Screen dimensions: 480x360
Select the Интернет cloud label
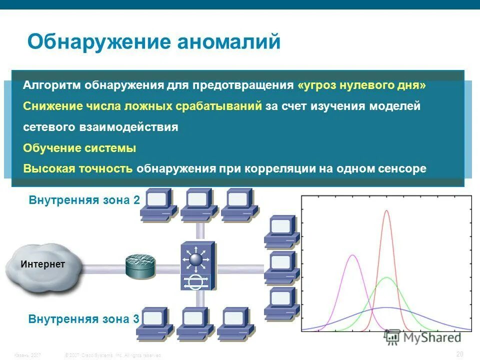(x=43, y=264)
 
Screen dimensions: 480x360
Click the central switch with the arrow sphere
(x=197, y=265)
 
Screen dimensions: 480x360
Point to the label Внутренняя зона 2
(x=84, y=200)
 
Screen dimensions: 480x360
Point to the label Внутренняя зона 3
(x=83, y=319)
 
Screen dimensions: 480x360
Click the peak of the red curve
(x=386, y=211)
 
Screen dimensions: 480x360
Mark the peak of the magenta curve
(x=353, y=255)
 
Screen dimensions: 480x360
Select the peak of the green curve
(x=386, y=277)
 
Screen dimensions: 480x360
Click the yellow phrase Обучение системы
(x=79, y=148)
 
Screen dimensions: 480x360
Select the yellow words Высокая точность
(x=78, y=168)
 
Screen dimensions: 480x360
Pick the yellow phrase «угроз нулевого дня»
(x=361, y=85)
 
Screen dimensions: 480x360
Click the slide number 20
(x=460, y=354)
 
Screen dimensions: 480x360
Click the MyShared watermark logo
(x=423, y=337)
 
